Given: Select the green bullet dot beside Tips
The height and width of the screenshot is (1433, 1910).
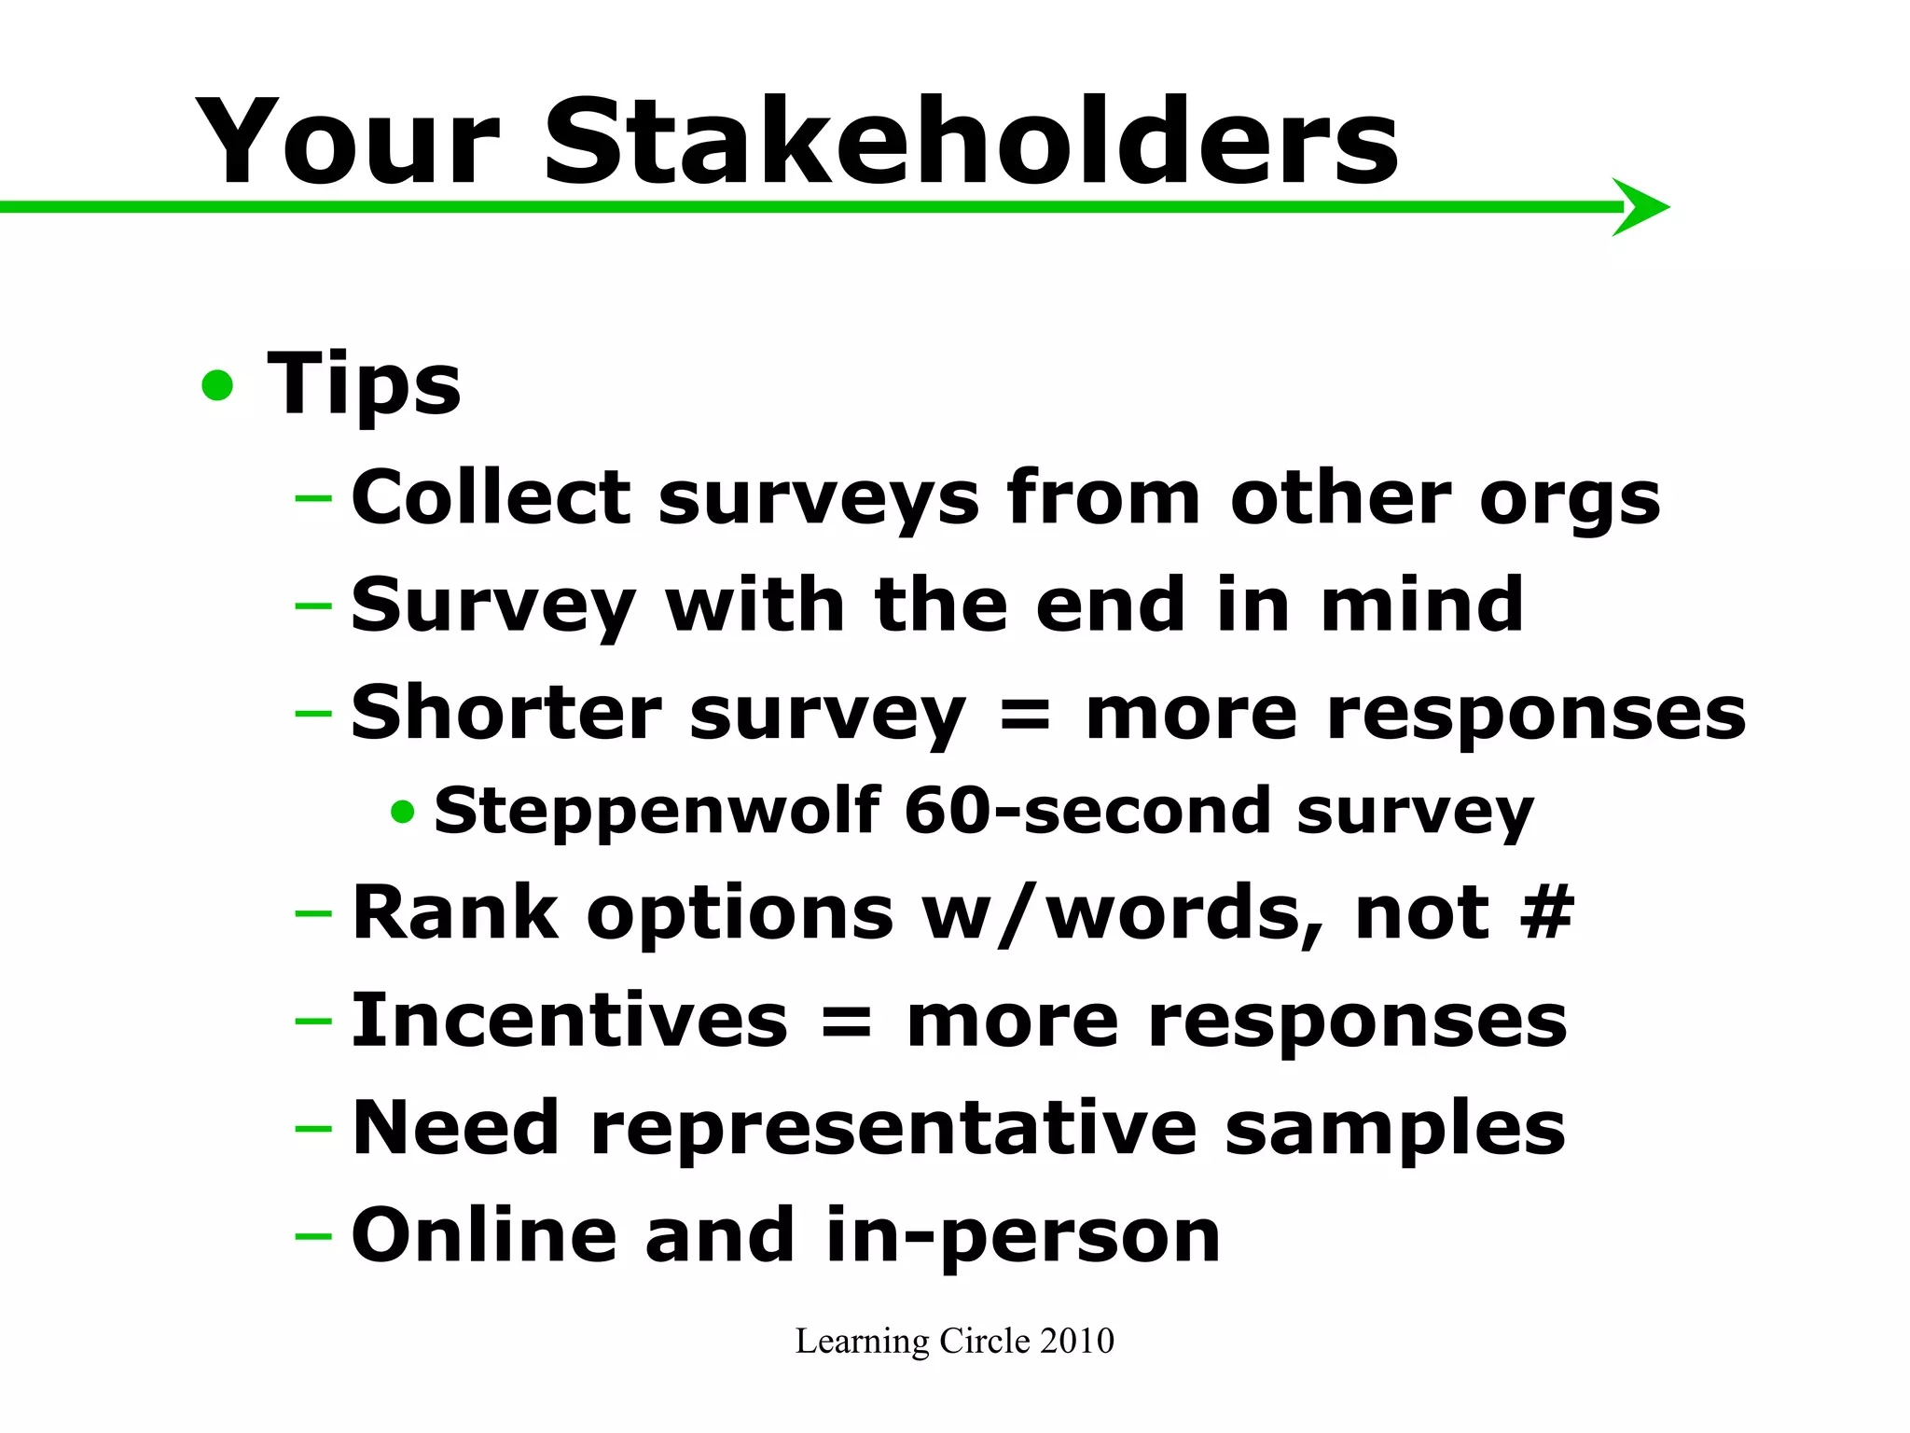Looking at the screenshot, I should click(x=217, y=385).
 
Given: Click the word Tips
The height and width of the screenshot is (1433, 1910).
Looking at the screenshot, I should click(x=364, y=385).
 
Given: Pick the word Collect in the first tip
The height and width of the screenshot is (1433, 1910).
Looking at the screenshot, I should click(x=491, y=498).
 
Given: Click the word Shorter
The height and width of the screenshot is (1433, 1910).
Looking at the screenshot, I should click(x=506, y=713).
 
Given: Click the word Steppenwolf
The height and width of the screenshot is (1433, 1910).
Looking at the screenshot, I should click(x=657, y=810).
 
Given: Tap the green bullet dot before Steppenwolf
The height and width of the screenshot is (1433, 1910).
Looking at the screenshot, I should click(x=403, y=812).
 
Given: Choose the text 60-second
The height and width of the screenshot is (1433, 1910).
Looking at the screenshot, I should click(x=1087, y=810).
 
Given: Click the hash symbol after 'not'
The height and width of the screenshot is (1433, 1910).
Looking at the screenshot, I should click(x=1546, y=912).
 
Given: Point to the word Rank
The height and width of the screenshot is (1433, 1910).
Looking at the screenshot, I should click(x=455, y=912).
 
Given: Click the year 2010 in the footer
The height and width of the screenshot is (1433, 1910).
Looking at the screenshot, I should click(x=1077, y=1341).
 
